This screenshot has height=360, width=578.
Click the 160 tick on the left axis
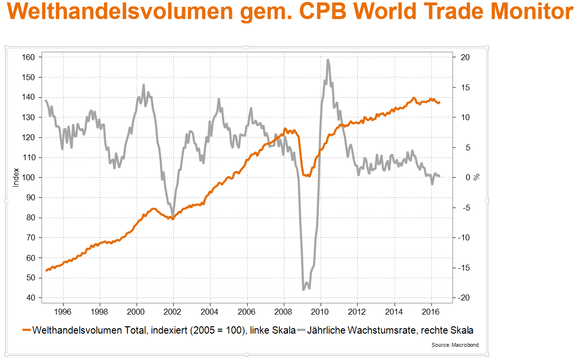(x=29, y=57)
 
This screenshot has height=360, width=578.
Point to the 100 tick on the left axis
(x=29, y=177)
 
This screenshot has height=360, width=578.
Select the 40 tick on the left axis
(x=31, y=298)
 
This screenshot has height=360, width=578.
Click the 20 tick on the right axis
(x=465, y=57)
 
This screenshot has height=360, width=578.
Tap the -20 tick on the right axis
(x=463, y=298)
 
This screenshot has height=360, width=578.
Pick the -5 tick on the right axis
(x=465, y=208)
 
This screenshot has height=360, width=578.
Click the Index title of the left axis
(x=16, y=178)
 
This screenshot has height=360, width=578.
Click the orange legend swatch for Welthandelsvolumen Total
(x=26, y=331)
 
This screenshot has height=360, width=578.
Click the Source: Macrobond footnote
(x=455, y=345)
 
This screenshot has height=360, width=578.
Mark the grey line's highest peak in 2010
(x=328, y=60)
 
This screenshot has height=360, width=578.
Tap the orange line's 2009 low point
(x=308, y=176)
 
